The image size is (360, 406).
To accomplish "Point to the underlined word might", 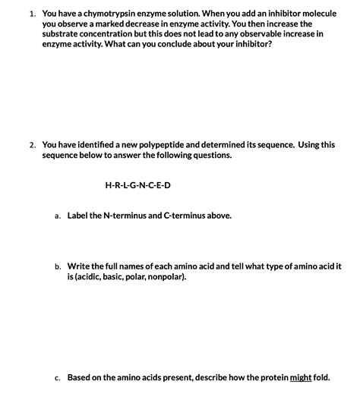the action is (301, 377).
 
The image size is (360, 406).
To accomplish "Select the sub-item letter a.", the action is (57, 216).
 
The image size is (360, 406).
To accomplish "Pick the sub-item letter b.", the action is (57, 267).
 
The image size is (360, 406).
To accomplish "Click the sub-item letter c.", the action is (57, 377).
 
